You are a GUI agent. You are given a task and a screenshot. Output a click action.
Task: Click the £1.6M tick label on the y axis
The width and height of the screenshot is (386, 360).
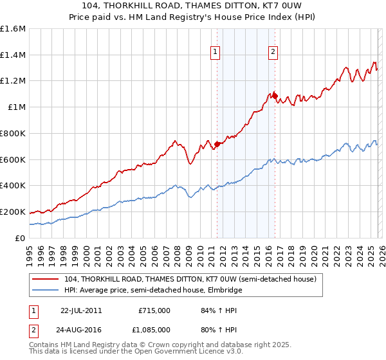pyautogui.click(x=13, y=29)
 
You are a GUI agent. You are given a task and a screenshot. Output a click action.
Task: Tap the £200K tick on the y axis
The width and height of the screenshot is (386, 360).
pyautogui.click(x=13, y=212)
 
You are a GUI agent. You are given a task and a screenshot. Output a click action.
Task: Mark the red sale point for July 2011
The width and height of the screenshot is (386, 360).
pyautogui.click(x=217, y=144)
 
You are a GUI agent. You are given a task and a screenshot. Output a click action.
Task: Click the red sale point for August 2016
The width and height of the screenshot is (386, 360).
pyautogui.click(x=275, y=96)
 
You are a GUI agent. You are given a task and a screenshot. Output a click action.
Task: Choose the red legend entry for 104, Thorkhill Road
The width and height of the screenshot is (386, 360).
pyautogui.click(x=190, y=280)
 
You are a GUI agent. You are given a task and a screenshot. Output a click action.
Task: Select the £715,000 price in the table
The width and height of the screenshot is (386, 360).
pyautogui.click(x=154, y=310)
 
